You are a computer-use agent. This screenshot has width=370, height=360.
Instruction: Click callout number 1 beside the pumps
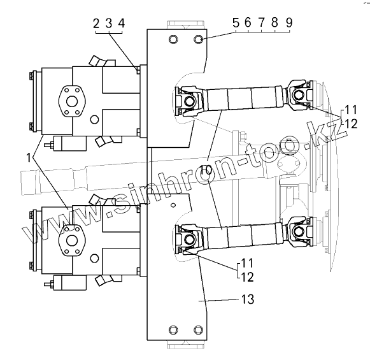pos(29,157)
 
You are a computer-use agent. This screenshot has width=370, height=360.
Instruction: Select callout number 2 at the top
pos(96,24)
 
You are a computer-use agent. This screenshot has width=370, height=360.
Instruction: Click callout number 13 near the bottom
pos(248,299)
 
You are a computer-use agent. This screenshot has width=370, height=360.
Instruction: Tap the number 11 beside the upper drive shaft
pos(351,110)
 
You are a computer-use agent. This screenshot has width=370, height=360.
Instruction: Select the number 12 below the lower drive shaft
pos(247,277)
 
